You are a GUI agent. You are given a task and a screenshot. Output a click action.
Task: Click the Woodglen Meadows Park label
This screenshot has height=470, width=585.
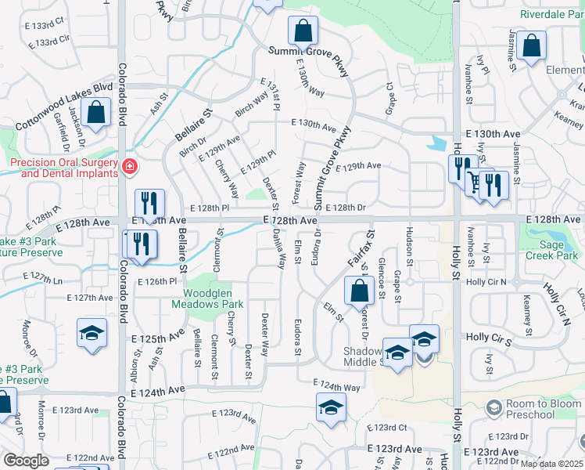[208, 298]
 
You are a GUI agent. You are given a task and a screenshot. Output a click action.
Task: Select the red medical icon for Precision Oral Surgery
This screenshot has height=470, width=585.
[128, 166]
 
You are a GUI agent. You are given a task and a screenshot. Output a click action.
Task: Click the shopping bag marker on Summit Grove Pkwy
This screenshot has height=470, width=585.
[303, 31]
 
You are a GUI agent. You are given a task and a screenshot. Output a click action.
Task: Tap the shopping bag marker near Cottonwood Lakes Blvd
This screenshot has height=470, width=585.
[96, 112]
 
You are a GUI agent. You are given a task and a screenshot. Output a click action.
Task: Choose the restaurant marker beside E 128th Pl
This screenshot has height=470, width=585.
[149, 203]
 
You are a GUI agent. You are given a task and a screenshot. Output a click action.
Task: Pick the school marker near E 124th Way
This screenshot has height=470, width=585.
[331, 407]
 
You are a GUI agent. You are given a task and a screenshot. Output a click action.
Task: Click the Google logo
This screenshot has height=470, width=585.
[27, 461]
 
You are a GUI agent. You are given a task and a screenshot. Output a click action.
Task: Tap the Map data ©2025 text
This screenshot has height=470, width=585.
[551, 464]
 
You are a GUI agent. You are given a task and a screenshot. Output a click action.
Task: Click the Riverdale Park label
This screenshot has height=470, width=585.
[551, 14]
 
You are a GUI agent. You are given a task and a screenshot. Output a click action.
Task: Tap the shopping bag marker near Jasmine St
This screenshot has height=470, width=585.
[531, 47]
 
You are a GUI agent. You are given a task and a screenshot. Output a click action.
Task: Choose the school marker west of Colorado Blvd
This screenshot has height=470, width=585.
[92, 332]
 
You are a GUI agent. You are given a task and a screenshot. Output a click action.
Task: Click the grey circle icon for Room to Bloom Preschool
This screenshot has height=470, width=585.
[493, 407]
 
